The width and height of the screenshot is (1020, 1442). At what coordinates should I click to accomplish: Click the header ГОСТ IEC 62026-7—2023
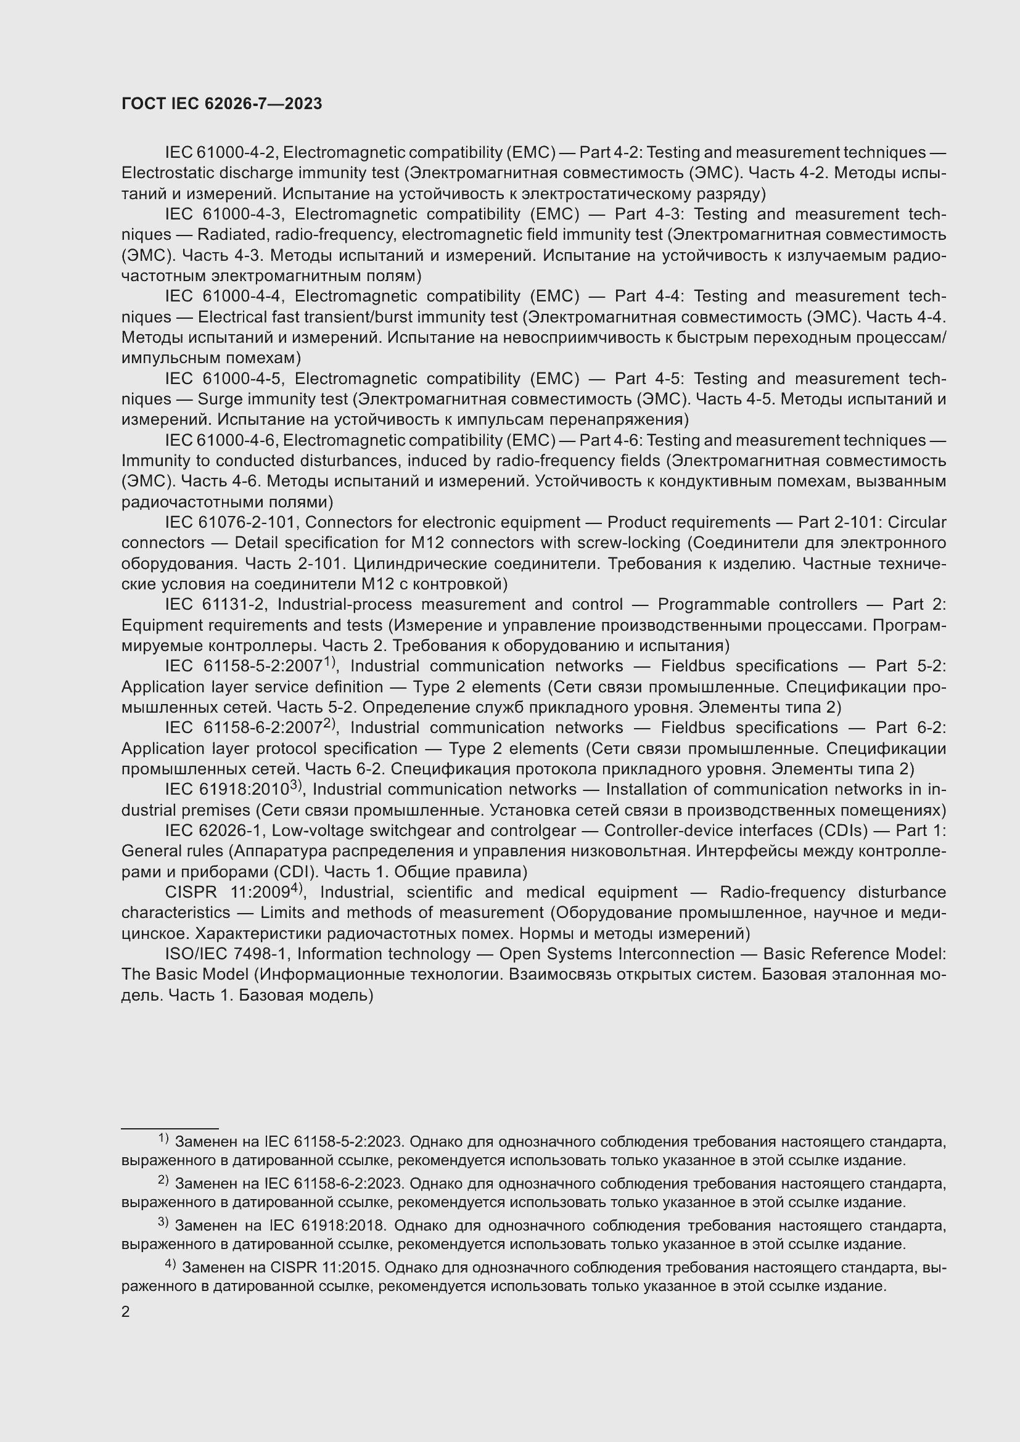[221, 104]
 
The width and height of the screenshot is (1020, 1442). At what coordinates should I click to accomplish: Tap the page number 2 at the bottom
[126, 1311]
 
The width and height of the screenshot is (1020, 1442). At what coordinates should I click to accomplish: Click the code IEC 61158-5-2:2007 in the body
[244, 666]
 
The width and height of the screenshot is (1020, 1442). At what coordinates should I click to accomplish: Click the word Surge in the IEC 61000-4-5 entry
[220, 399]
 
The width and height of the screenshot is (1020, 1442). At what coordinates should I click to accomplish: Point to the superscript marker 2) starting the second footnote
[163, 1180]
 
